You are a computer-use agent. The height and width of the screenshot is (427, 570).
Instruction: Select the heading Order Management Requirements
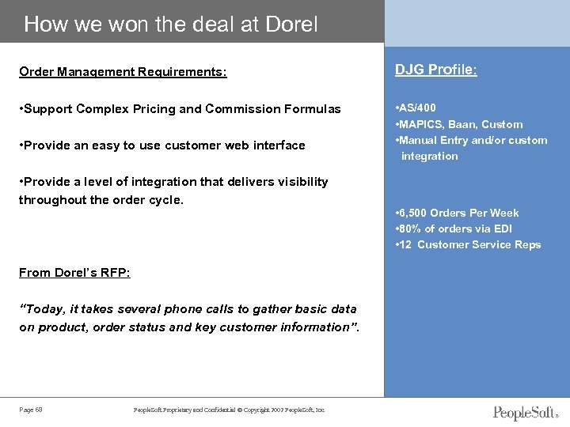coord(123,73)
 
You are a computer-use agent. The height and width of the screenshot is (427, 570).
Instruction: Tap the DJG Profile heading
coord(437,70)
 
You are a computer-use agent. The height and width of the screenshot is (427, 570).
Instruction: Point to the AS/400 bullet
coord(416,108)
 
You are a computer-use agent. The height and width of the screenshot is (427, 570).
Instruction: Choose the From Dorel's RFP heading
coord(75,273)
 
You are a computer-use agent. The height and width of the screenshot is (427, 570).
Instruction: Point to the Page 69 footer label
coord(31,409)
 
